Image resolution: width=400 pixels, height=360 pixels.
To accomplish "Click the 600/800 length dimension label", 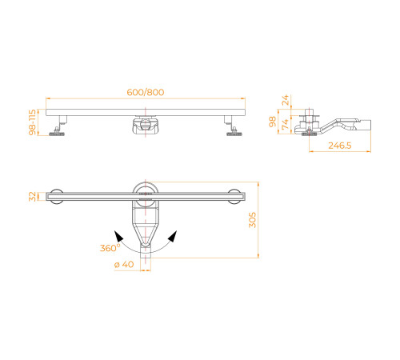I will click(x=145, y=92).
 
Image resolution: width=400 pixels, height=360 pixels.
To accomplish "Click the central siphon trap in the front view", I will click(x=145, y=126).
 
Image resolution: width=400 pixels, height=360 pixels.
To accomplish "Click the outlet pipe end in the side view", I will click(x=370, y=125).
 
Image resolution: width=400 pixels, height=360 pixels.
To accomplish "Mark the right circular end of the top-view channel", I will click(x=236, y=195).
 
